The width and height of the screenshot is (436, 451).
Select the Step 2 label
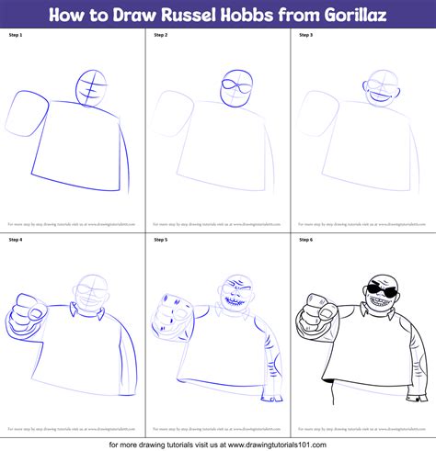coord(163,35)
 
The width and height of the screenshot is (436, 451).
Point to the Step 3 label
coord(307,35)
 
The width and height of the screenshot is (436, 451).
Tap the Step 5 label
coord(163,241)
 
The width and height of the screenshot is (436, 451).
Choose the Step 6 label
coord(307,241)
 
